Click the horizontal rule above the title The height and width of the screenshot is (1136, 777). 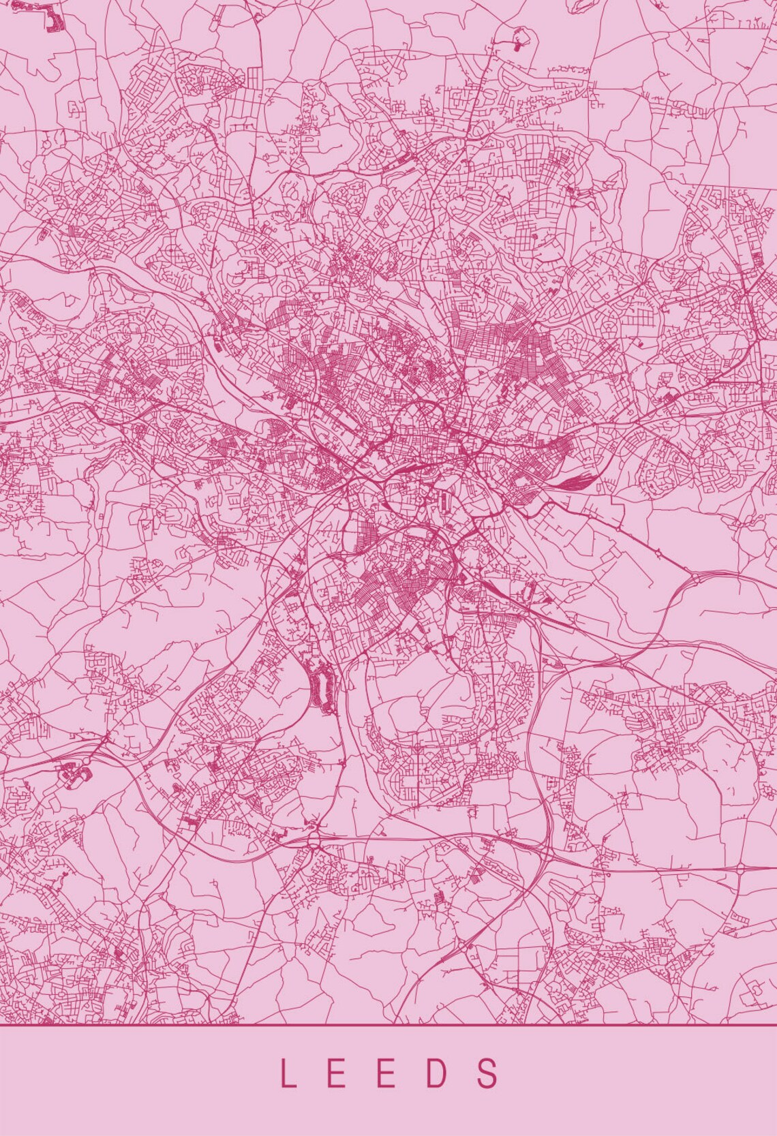tap(388, 1025)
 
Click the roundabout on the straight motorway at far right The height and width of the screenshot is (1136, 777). tap(741, 870)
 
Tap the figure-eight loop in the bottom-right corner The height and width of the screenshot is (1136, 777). tap(756, 986)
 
